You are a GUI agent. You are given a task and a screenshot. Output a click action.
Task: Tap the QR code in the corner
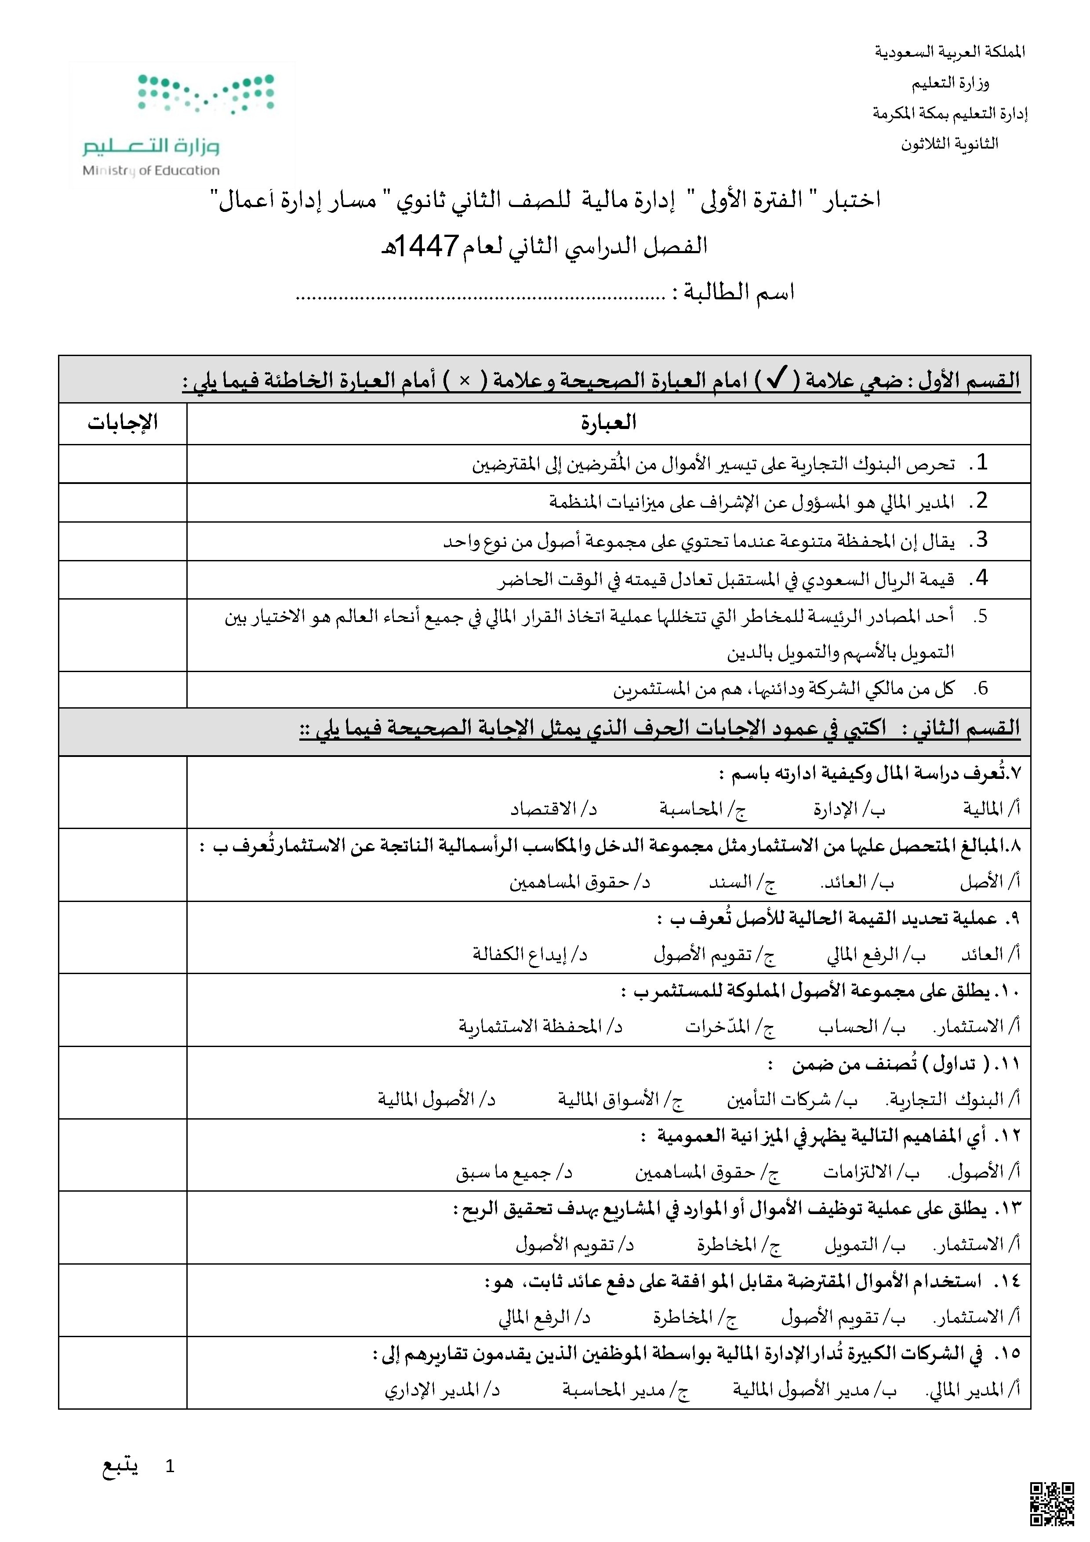pos(1051,1504)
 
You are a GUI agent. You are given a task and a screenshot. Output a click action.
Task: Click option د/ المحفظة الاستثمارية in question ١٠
pos(541,1026)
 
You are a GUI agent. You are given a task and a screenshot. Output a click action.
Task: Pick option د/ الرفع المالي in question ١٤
pos(544,1318)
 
